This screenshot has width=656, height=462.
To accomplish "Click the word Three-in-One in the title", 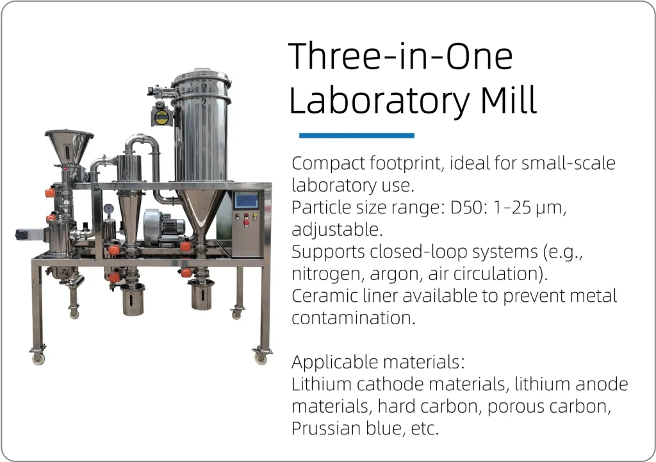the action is click(x=401, y=56).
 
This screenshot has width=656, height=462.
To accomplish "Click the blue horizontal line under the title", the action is click(x=356, y=136).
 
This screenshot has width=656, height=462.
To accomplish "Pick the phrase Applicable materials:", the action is click(x=378, y=362).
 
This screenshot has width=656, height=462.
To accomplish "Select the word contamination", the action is click(x=354, y=318).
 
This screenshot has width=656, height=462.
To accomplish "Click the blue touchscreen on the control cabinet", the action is click(x=247, y=201).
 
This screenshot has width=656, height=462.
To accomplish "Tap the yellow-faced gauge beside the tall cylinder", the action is click(x=161, y=117).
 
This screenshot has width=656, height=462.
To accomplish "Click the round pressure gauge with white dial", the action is click(x=108, y=208).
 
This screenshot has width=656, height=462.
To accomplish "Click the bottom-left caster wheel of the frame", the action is click(x=38, y=357).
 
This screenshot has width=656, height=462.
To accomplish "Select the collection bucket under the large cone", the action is click(x=202, y=295).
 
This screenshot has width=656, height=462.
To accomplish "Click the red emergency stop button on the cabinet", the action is click(x=247, y=223).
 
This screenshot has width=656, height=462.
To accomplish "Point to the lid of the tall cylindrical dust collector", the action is click(x=201, y=79).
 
